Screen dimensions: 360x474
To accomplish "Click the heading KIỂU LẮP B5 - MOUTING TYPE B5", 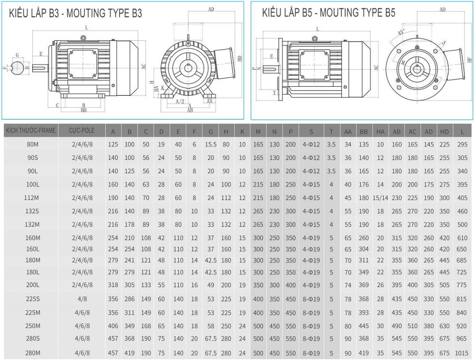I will [328, 13].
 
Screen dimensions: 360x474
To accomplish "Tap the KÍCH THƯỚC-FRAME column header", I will [30, 130].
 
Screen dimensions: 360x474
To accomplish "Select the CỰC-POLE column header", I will [81, 130].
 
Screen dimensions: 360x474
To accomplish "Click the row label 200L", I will [33, 285].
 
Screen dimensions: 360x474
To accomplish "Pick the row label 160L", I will [33, 249].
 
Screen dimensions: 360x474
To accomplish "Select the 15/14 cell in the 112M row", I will [380, 197].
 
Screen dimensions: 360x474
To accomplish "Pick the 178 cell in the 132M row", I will [129, 224].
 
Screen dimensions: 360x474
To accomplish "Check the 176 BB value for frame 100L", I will [364, 184].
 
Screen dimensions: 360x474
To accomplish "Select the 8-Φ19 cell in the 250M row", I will [311, 326].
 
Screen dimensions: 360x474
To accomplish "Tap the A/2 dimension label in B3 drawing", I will [180, 102].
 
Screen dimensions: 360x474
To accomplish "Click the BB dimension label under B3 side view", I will [83, 110].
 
